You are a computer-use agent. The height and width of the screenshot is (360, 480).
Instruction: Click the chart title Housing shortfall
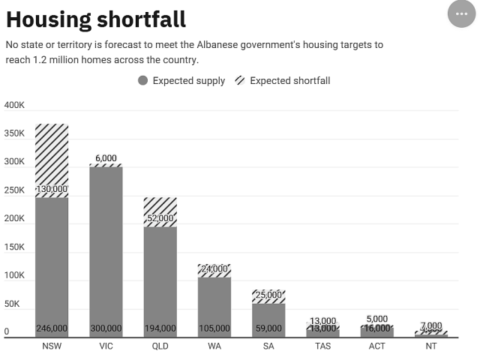[x=96, y=19]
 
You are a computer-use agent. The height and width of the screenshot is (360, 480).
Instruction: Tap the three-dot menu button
[x=461, y=13]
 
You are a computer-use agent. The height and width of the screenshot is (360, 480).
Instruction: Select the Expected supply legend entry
[x=181, y=81]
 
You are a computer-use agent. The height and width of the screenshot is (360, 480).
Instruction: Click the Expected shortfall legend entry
[x=283, y=81]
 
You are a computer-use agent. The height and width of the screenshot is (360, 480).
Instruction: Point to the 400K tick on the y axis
[x=14, y=106]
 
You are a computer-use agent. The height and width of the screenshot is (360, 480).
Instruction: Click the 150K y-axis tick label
[x=14, y=247]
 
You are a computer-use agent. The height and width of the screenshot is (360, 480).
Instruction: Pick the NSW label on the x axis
[x=52, y=347]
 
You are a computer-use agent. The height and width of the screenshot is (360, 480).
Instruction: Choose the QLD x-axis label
[x=160, y=347]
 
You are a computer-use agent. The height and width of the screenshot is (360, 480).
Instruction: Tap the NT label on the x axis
[x=430, y=347]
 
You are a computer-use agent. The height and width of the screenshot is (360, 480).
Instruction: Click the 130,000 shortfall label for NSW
[x=52, y=190]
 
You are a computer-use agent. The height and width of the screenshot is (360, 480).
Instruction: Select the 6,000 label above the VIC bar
[x=106, y=158]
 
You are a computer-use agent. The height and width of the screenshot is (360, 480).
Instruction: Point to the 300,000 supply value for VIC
[x=106, y=328]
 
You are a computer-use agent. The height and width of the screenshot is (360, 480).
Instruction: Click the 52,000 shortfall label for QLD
[x=160, y=218]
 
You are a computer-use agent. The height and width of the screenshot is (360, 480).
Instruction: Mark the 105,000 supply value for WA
[x=214, y=328]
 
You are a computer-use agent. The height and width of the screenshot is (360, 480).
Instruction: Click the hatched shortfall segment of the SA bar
[x=268, y=297]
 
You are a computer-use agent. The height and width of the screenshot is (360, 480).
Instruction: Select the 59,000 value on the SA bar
[x=268, y=328]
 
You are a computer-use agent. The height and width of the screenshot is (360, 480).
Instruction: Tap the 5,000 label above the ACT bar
[x=376, y=319]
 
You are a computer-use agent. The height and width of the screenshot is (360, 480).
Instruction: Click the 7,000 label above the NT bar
[x=430, y=326]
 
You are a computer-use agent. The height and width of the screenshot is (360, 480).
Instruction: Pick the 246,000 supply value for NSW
[x=52, y=328]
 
